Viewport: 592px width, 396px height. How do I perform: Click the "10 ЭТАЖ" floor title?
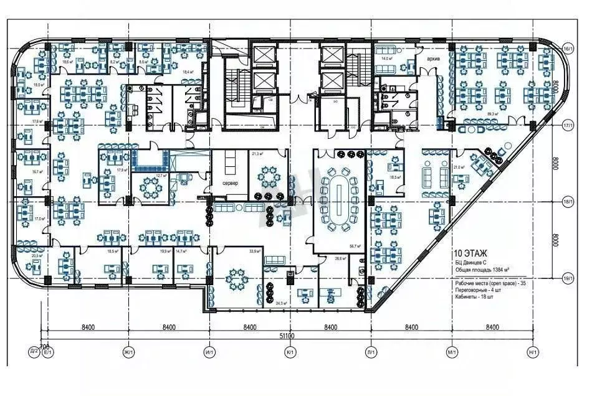[x=472, y=253]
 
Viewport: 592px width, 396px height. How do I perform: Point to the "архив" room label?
[x=434, y=59]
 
